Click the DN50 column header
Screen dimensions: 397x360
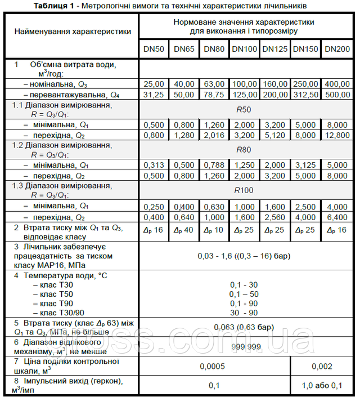coord(154,49)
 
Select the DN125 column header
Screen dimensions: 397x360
coord(275,49)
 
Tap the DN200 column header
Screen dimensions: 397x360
coord(337,49)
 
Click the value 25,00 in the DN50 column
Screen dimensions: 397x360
coord(154,84)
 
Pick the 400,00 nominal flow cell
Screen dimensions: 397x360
coord(337,84)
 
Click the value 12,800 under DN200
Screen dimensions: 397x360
coord(337,135)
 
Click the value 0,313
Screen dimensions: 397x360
coord(154,165)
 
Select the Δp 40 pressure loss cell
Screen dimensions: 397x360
coord(184,230)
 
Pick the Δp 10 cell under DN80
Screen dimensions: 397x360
coord(214,230)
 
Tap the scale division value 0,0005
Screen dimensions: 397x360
coord(214,366)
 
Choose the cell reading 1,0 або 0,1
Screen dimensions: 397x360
coord(322,386)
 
